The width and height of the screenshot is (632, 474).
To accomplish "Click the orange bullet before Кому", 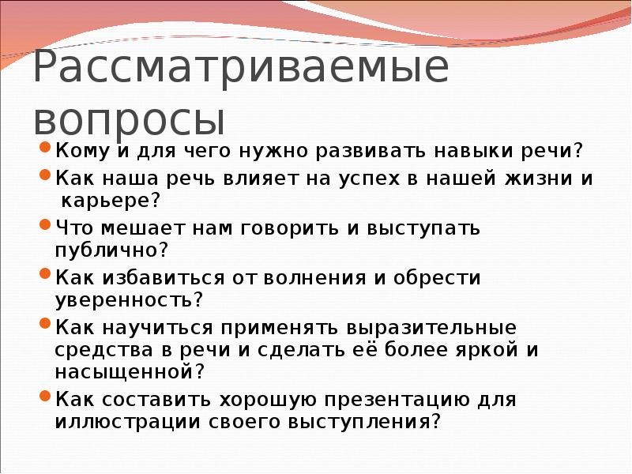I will tap(46, 149).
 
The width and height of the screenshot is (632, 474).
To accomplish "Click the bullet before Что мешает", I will tap(46, 226).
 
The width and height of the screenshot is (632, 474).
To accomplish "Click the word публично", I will tap(108, 250).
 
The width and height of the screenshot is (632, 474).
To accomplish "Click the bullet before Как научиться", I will tap(46, 325).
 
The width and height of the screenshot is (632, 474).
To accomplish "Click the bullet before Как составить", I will tap(46, 397).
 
